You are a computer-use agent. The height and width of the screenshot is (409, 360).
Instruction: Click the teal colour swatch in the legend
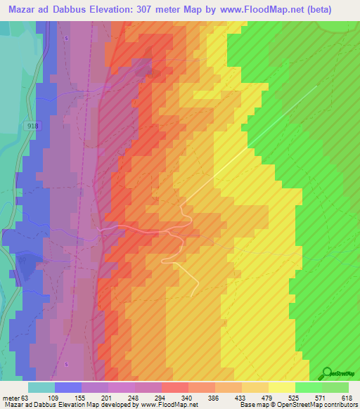[41, 387]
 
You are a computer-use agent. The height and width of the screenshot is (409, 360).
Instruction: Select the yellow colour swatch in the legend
[281, 387]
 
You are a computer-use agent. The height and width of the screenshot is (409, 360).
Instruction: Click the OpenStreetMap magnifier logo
[326, 372]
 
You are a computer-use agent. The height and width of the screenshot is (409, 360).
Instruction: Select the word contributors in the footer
[342, 405]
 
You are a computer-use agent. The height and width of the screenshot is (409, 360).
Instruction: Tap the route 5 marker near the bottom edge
[66, 364]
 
